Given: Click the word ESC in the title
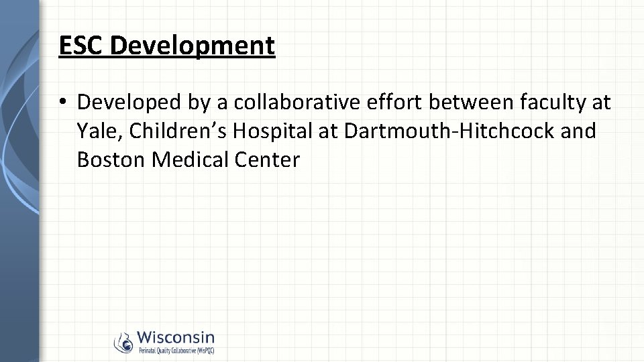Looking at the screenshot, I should point(81,46).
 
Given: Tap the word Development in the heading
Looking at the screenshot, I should point(193,46).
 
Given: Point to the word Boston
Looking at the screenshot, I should point(111,160).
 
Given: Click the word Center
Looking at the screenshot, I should point(266,160).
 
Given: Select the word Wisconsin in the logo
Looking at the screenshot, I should point(176,337).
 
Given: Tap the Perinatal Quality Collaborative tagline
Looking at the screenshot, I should point(176,350).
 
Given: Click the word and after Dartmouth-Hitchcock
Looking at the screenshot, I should point(578,131).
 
